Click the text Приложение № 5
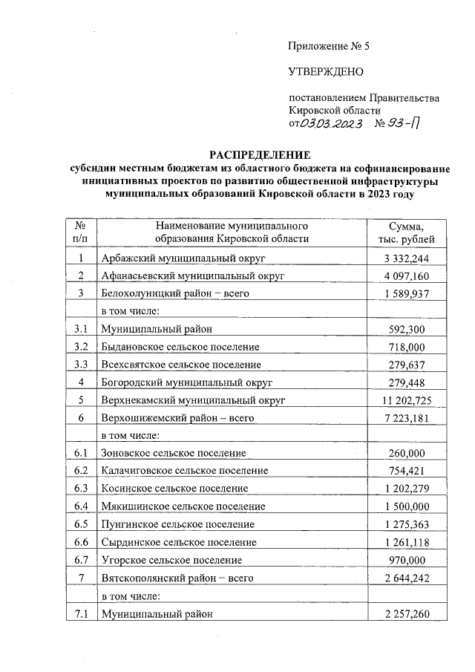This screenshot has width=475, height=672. [x=328, y=46]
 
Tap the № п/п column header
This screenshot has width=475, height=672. [x=81, y=232]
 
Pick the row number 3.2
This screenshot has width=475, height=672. [x=81, y=347]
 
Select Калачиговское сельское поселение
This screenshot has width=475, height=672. [x=185, y=471]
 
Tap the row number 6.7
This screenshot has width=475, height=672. [x=81, y=560]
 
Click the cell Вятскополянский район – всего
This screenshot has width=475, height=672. [x=177, y=578]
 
